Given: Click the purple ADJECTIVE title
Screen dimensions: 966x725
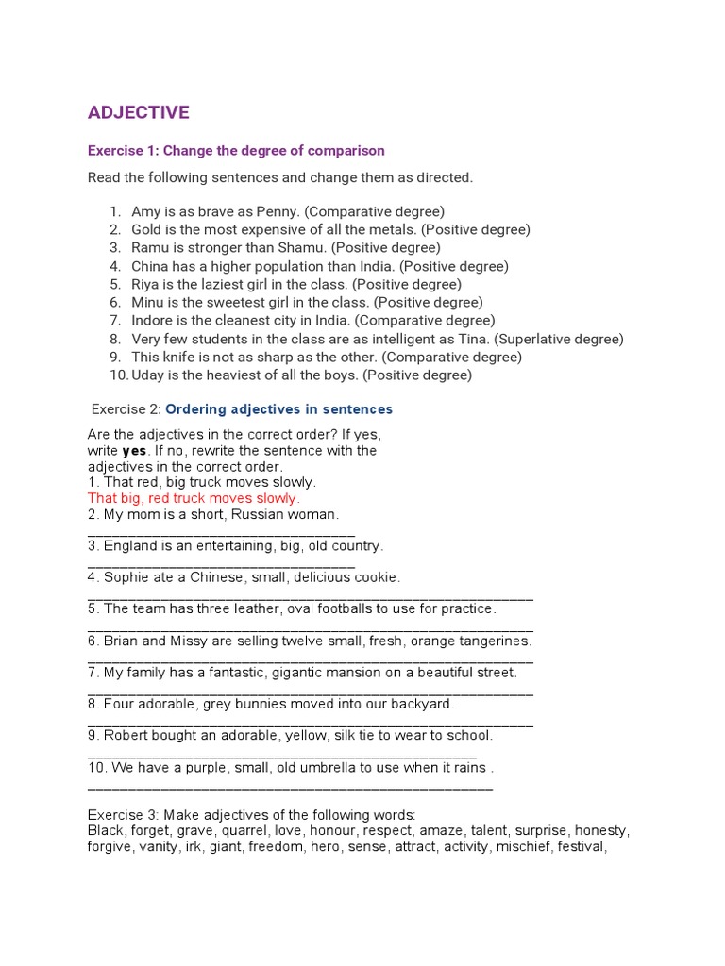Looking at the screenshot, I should (x=138, y=113).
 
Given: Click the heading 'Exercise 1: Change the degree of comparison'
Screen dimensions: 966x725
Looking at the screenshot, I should (x=236, y=151).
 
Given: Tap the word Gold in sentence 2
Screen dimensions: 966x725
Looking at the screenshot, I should (x=147, y=229).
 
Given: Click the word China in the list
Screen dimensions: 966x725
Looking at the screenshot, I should (x=150, y=266).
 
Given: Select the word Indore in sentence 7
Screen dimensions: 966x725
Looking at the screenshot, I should (x=152, y=321).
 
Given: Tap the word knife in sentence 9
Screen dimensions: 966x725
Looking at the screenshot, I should (x=179, y=357).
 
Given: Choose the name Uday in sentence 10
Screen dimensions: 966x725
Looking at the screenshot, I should (x=148, y=375).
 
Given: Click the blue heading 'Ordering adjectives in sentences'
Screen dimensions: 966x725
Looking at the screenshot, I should (x=279, y=409).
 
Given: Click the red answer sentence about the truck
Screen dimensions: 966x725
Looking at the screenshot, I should (x=194, y=498).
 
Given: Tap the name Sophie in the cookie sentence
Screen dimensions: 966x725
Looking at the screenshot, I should (x=126, y=577).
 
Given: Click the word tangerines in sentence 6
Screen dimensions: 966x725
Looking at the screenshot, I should (x=496, y=641).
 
